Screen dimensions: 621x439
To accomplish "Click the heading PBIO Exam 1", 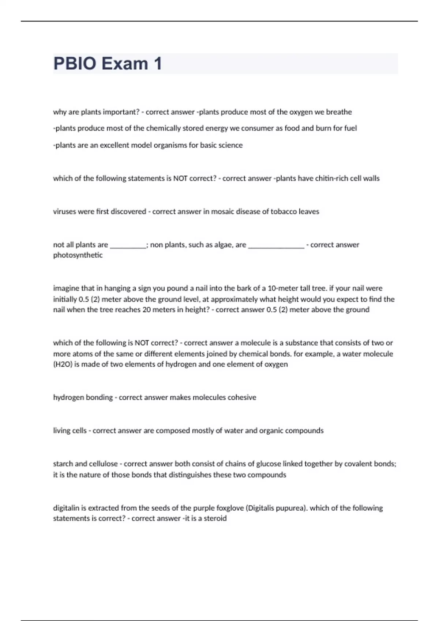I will (x=108, y=64).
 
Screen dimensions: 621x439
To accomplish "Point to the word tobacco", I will (x=284, y=212).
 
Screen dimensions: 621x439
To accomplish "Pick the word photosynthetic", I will (x=78, y=255).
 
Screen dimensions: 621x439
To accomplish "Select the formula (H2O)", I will (x=63, y=364).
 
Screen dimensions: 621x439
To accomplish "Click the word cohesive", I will (x=242, y=397).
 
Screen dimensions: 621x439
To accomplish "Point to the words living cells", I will (x=70, y=431).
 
